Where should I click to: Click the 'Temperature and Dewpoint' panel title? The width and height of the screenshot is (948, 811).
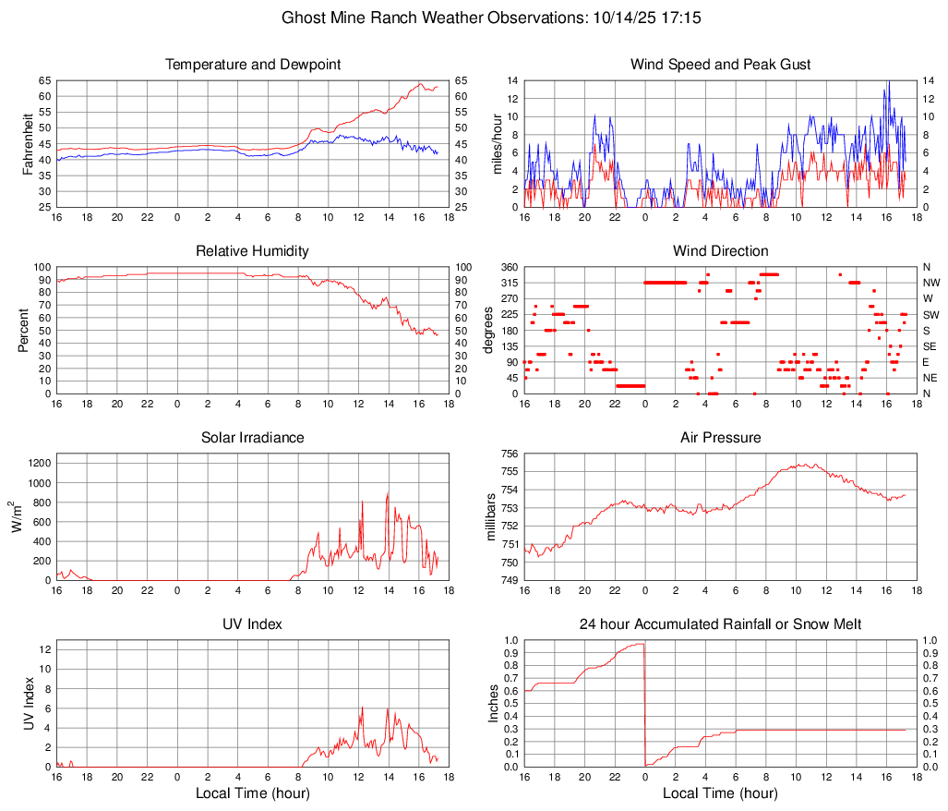[253, 65]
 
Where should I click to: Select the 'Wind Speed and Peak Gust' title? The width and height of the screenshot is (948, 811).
[720, 65]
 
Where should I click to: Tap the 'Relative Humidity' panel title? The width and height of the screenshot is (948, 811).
[253, 251]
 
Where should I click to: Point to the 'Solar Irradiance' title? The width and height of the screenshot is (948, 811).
[253, 438]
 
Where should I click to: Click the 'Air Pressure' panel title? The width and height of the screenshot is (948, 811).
[720, 438]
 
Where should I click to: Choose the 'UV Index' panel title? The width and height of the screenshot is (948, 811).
[253, 624]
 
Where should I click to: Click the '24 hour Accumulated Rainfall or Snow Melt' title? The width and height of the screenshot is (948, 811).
[720, 624]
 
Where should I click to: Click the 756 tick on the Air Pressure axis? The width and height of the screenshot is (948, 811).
[509, 454]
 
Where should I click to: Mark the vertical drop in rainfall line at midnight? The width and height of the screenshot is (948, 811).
[644, 702]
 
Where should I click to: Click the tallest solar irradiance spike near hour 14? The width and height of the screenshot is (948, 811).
[388, 495]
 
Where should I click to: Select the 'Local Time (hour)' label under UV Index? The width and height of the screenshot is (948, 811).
[253, 793]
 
